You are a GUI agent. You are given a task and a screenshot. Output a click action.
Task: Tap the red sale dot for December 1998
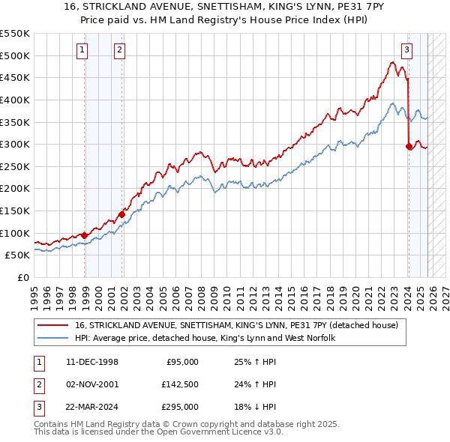click(x=85, y=235)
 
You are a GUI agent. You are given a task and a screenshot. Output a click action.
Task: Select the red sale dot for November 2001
click(x=121, y=214)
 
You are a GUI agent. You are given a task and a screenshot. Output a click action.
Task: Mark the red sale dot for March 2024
click(x=409, y=147)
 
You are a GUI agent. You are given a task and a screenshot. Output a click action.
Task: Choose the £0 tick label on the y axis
click(x=24, y=277)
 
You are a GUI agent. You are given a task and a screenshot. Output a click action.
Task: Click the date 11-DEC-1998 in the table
click(x=92, y=363)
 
